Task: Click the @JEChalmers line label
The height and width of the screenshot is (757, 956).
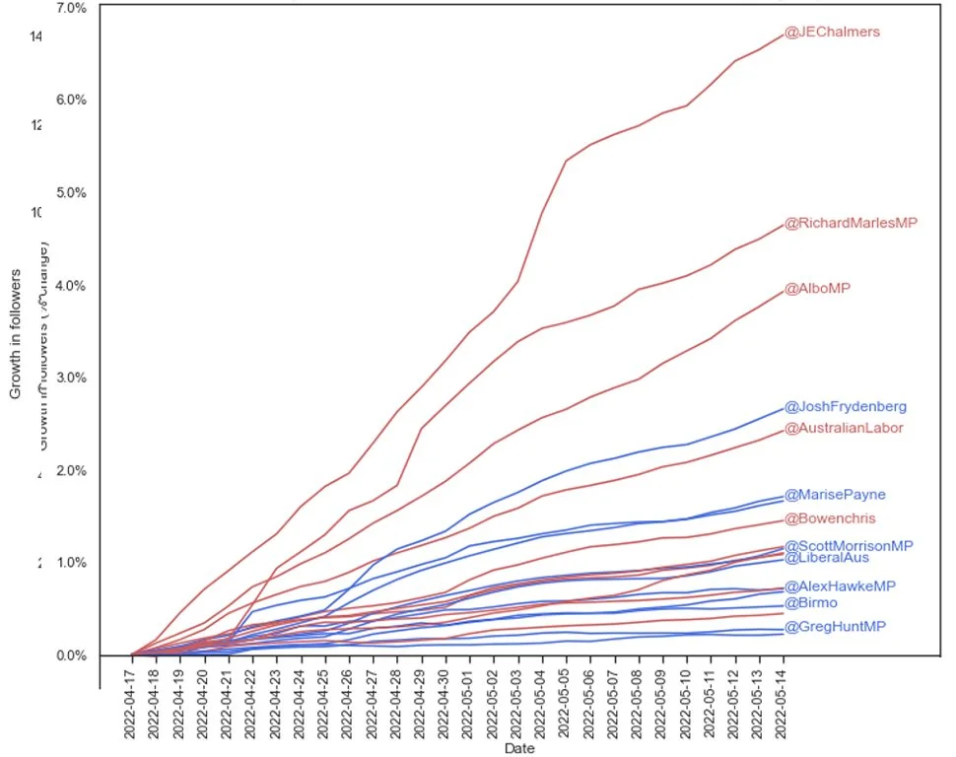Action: (832, 32)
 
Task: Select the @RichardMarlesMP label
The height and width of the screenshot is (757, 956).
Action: (851, 223)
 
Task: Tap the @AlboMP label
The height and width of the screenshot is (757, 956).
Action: (817, 289)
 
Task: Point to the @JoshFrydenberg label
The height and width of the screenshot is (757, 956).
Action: (845, 406)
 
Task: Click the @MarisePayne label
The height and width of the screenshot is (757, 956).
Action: (834, 495)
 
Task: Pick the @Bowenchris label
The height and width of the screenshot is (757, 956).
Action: (830, 518)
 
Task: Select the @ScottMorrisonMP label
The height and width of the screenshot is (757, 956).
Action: (848, 545)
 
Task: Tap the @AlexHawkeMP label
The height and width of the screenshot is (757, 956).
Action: (840, 586)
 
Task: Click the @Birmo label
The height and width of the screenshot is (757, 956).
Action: (811, 603)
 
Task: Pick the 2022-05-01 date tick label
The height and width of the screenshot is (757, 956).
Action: (469, 703)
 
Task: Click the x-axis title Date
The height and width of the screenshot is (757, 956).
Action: (519, 749)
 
